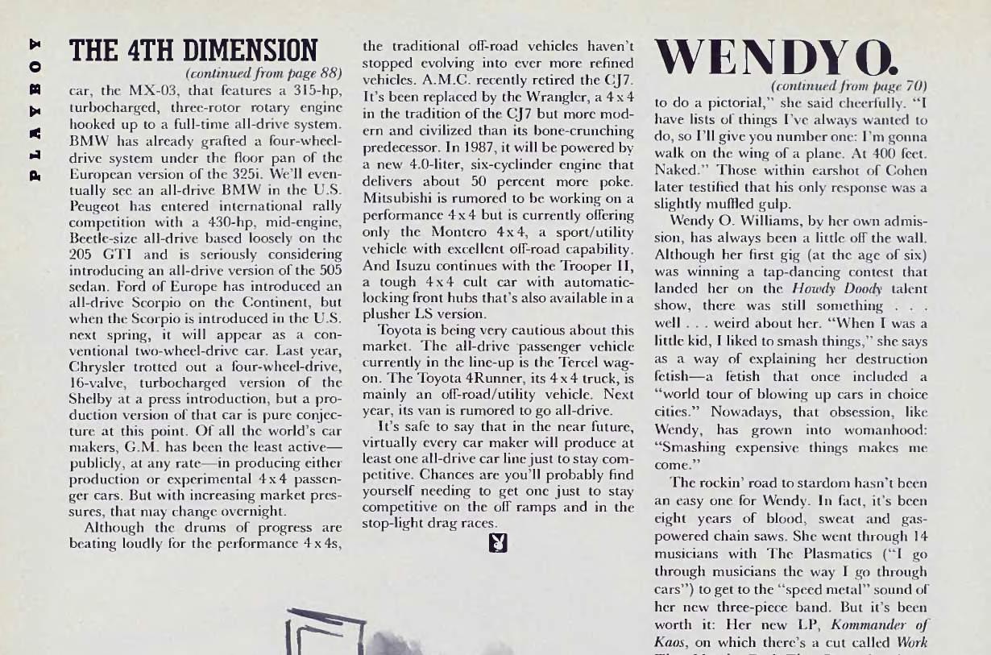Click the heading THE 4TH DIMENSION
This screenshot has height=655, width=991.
pos(194,50)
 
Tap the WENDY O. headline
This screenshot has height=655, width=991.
pos(775,57)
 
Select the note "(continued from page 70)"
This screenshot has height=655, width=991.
pos(849,85)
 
